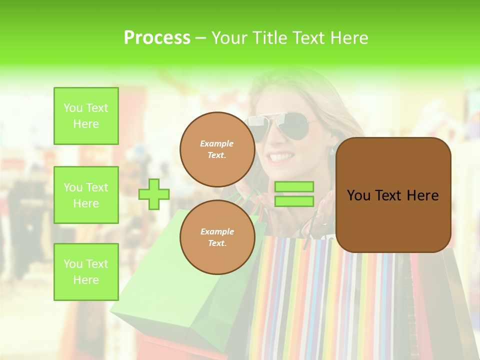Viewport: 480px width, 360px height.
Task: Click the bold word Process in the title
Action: pyautogui.click(x=157, y=38)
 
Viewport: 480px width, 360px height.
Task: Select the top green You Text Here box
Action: pyautogui.click(x=86, y=116)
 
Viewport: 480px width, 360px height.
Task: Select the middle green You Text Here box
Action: pyautogui.click(x=86, y=195)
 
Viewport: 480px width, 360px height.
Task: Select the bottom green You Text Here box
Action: pyautogui.click(x=86, y=272)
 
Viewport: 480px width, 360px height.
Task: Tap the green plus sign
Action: pyautogui.click(x=154, y=194)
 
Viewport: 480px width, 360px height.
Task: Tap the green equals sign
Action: pyautogui.click(x=294, y=194)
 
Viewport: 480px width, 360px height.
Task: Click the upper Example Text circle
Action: pyautogui.click(x=217, y=149)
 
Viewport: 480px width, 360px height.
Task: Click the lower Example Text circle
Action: pyautogui.click(x=217, y=237)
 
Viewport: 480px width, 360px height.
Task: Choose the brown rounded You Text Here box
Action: pyautogui.click(x=393, y=195)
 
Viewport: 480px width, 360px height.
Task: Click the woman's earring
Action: pyautogui.click(x=331, y=150)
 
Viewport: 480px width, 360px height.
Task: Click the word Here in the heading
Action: pyautogui.click(x=348, y=38)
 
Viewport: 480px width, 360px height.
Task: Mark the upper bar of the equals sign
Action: pyautogui.click(x=294, y=187)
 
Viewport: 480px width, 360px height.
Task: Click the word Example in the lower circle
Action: pyautogui.click(x=217, y=231)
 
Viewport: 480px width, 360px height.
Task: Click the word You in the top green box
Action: pyautogui.click(x=73, y=108)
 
